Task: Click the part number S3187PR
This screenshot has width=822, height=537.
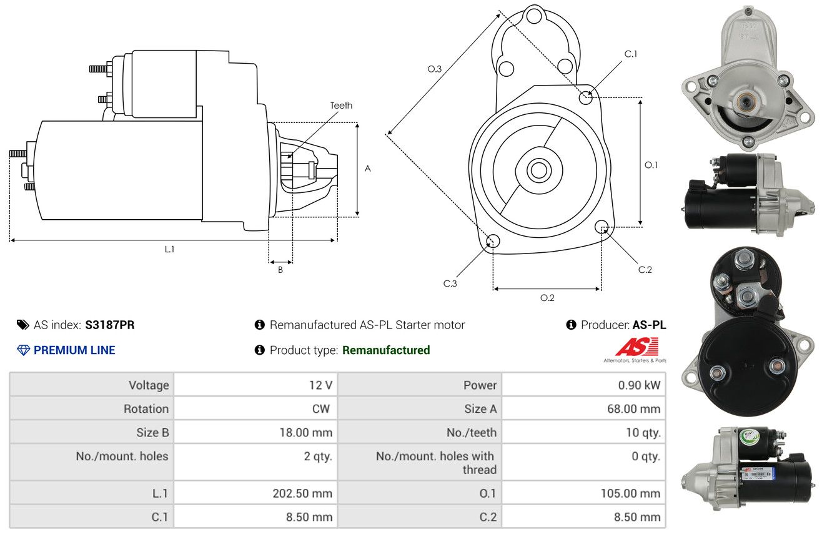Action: pos(110,325)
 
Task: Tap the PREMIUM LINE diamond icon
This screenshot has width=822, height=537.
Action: pos(24,350)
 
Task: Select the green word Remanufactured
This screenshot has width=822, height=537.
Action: pos(386,350)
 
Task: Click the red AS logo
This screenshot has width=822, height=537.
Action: pos(636,347)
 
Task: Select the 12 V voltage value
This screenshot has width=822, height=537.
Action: pos(320,385)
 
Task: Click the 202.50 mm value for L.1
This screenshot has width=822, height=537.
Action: pos(302,493)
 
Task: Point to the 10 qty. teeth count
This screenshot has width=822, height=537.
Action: pos(643,433)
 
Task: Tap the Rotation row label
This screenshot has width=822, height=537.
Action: pos(146,408)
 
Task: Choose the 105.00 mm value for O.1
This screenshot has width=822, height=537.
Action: pos(630,493)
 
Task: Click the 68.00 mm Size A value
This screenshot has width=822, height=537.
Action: pos(634,408)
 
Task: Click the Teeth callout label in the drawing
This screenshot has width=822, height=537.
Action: pos(341,106)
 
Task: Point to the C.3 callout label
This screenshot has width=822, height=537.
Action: pos(450,283)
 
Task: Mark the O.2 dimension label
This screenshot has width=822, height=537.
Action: pos(547,298)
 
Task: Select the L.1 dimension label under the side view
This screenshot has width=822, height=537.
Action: pos(169,249)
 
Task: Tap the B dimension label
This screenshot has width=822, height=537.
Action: pos(280,270)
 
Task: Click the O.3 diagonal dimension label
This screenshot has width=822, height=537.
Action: pos(435,69)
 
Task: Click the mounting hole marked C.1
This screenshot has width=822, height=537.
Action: pos(586,97)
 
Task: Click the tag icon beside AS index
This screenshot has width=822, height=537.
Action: pos(22,325)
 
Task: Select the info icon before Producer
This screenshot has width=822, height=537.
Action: pos(571,325)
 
